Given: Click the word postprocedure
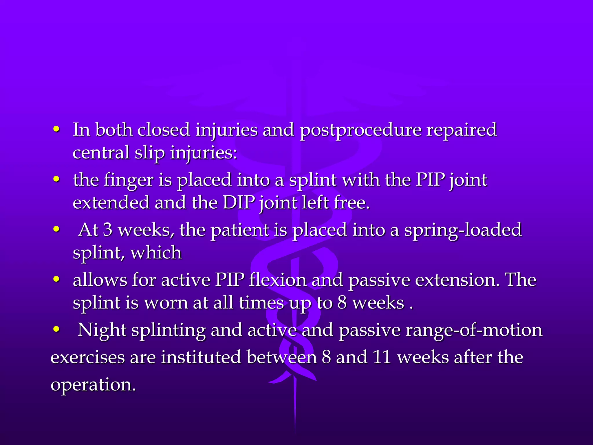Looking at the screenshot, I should [x=360, y=130].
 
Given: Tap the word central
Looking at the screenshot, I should [x=101, y=152].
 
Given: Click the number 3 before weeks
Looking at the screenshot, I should [x=108, y=229].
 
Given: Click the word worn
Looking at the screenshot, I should [x=166, y=303].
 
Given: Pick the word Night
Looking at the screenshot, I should [x=102, y=330].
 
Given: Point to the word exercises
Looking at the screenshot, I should [x=88, y=357].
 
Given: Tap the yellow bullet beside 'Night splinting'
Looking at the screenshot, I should [x=56, y=329].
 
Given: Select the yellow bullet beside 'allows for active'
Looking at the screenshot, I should [x=56, y=279].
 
